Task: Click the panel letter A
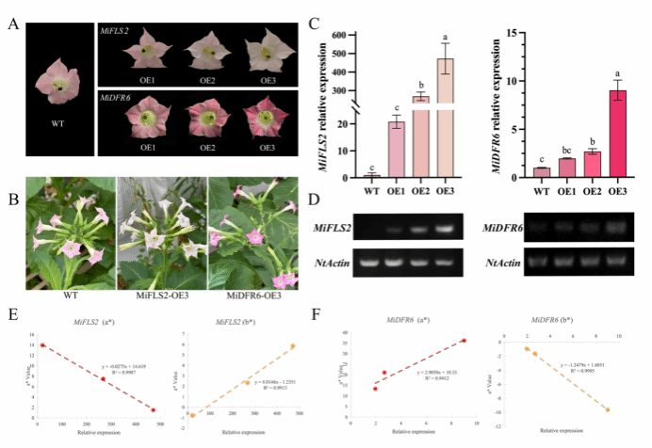click(x=12, y=21)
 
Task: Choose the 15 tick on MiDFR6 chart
click(x=516, y=33)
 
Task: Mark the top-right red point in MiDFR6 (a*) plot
click(x=463, y=341)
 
